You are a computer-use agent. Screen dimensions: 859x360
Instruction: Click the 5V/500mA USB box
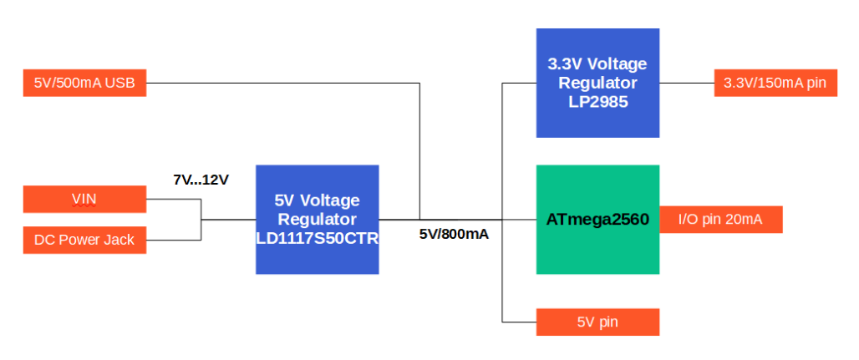coord(84,83)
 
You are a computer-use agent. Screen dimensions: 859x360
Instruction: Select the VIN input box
coord(84,199)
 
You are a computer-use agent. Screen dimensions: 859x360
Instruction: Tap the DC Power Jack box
coord(84,240)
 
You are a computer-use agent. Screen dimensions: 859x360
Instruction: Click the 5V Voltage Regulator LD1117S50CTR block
coord(318,219)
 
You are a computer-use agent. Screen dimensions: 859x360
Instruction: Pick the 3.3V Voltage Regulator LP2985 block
coord(597,83)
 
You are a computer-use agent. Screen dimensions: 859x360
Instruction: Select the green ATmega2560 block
coord(597,219)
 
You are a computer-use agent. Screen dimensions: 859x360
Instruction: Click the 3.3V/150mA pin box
coord(775,83)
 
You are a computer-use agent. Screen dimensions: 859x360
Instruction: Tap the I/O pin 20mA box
coord(721,219)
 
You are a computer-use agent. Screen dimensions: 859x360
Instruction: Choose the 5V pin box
coord(597,322)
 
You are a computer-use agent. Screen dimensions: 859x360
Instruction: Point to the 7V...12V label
coord(201,180)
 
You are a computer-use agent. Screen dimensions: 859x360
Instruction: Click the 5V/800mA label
coord(455,234)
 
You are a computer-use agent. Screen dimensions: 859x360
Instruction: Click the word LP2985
coord(597,101)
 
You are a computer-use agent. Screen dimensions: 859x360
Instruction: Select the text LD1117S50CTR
coord(318,238)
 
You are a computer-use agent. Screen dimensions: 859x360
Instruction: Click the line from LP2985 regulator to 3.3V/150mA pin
coord(687,84)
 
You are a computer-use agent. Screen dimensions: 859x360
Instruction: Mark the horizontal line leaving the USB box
coord(283,84)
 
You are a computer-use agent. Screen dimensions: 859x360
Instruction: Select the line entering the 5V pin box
coord(520,322)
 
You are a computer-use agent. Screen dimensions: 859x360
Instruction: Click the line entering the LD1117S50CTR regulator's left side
coord(228,220)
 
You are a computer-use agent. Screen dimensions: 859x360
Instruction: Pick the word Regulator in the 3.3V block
coord(597,83)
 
